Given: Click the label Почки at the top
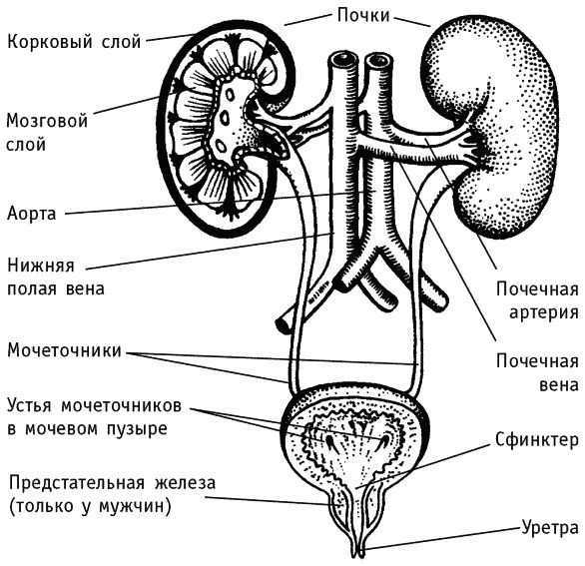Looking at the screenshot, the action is pos(363,16).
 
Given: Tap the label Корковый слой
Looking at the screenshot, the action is pos(74,41).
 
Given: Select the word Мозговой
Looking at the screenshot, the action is pos(47,121).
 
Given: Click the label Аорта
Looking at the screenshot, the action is pos(32,214).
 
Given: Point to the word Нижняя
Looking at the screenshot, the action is pos(41,266).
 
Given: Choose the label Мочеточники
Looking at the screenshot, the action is pos(65,350).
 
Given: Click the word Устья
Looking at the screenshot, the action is pos(29,405).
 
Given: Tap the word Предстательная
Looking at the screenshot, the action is pos(77,482).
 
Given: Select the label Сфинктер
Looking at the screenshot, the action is pos(537,440).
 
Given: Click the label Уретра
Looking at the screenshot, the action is pos(549,528).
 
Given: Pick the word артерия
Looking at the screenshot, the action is pos(544,311).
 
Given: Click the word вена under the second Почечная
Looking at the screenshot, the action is pos(559,384).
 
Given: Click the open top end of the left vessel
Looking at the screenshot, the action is pos(342,59).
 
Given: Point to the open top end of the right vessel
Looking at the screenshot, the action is pos(377,61).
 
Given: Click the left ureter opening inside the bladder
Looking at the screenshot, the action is pos(330,442).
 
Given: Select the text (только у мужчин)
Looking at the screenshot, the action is pos(90,506).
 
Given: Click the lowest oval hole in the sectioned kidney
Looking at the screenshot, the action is pos(222,146).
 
